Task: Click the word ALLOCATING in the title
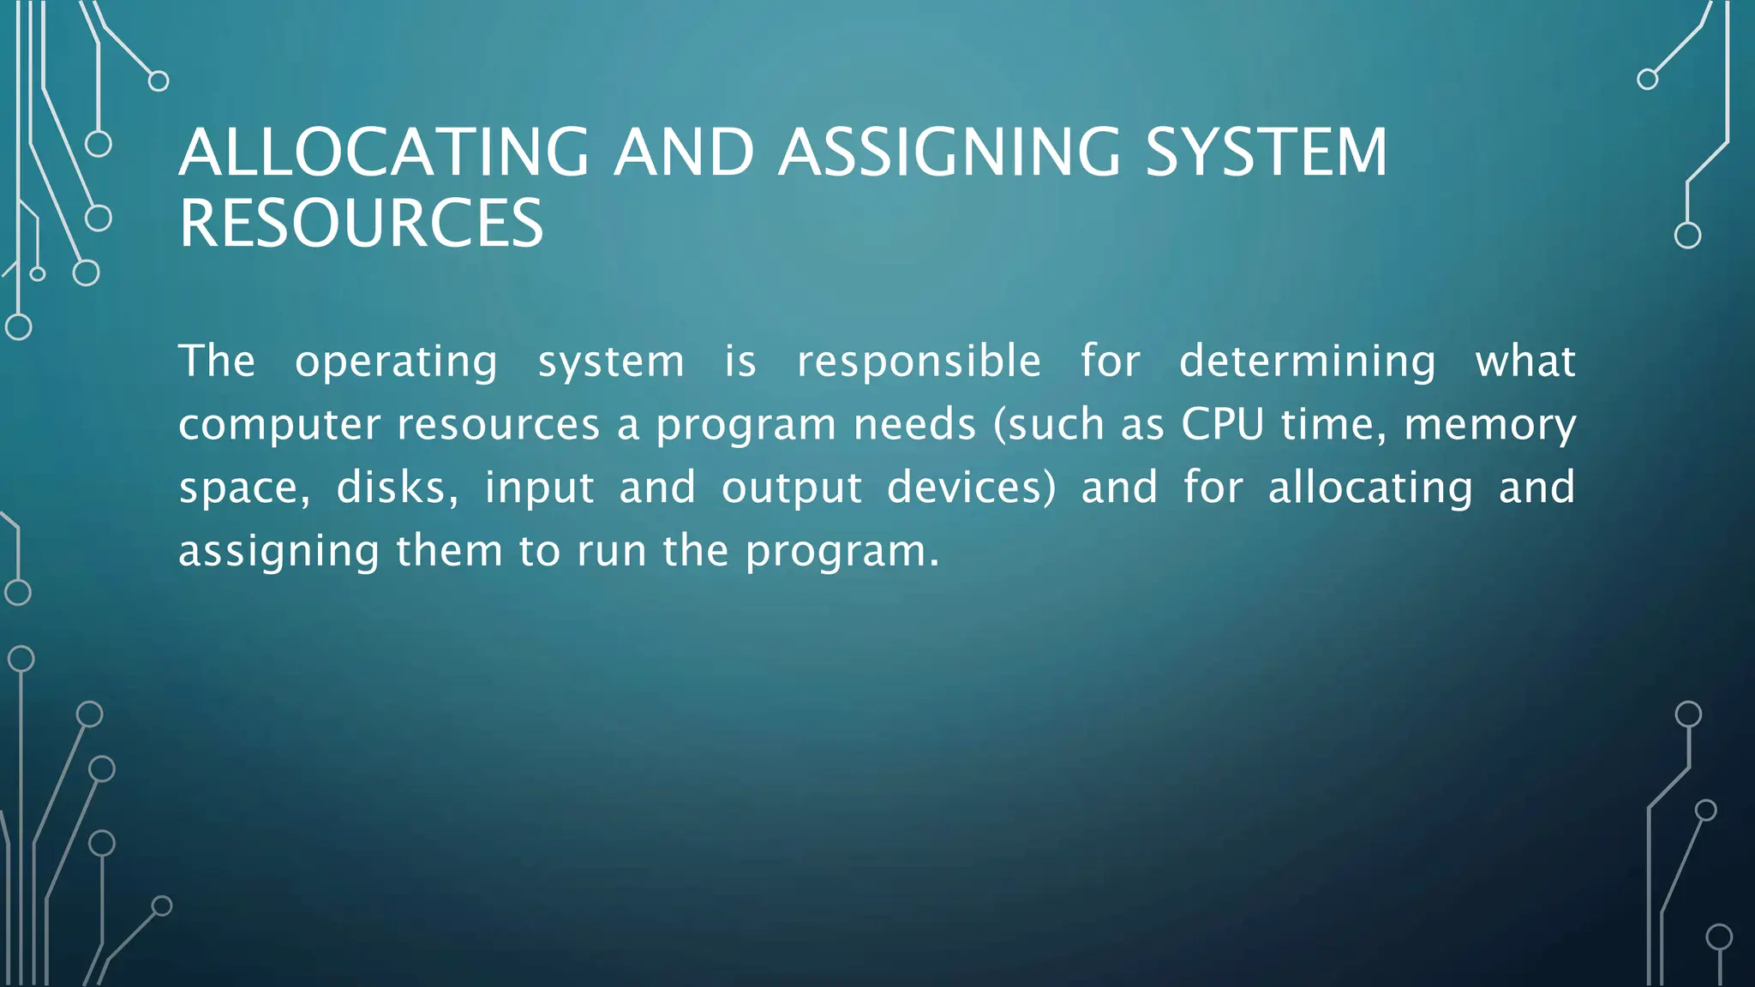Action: click(384, 153)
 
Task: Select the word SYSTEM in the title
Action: click(1267, 153)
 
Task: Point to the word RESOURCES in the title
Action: click(361, 224)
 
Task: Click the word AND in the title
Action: click(684, 153)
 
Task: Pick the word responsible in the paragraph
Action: click(919, 361)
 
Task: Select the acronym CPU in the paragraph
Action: click(1223, 424)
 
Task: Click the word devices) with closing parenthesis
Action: click(972, 488)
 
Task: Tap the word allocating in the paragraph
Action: click(1370, 488)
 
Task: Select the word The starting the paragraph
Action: click(217, 361)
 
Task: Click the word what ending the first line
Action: click(1525, 361)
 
